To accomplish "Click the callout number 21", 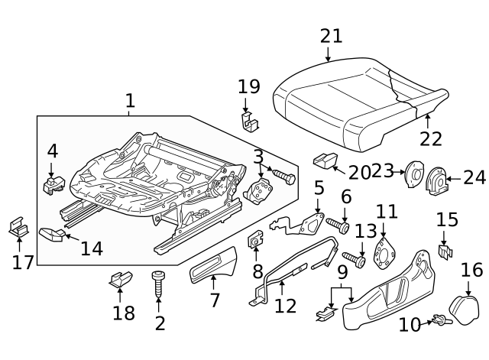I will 332,36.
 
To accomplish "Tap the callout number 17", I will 22,262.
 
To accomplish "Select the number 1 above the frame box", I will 130,100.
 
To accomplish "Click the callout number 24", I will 474,178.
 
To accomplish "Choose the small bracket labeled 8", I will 254,244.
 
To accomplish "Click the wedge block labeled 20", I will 325,161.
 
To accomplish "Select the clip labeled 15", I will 445,250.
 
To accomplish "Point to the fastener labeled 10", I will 440,321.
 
